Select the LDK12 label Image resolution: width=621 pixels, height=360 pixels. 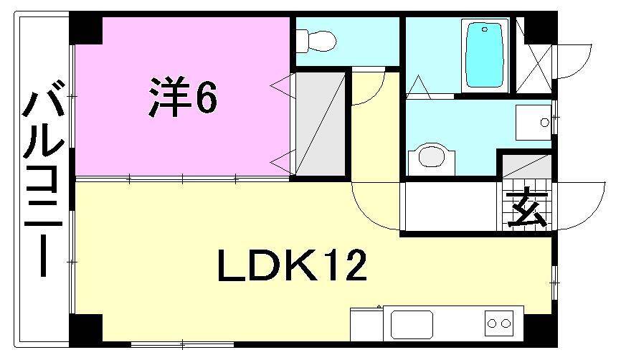click(x=292, y=266)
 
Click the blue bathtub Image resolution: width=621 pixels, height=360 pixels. click(x=485, y=55)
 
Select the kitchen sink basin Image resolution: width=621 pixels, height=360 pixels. click(x=412, y=325)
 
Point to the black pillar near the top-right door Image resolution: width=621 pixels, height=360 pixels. click(x=534, y=28)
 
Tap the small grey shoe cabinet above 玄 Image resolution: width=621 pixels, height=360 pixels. click(x=526, y=167)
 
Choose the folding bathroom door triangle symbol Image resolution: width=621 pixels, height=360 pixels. click(x=420, y=88)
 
